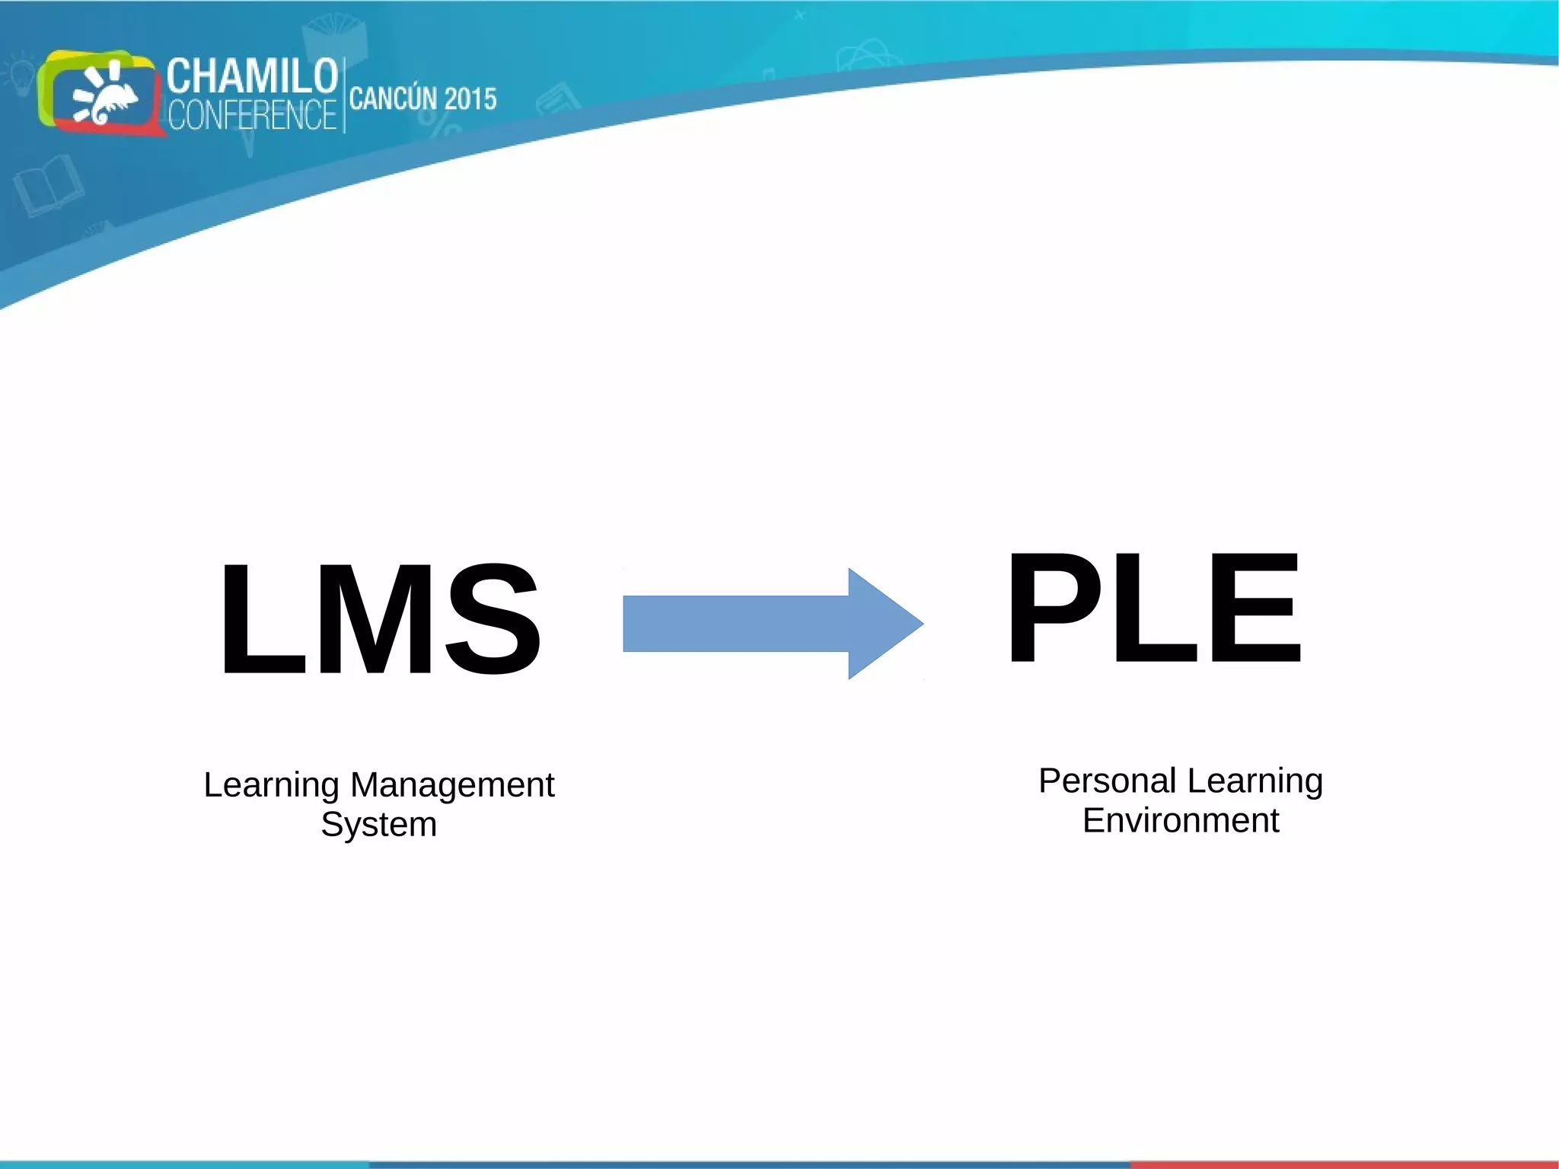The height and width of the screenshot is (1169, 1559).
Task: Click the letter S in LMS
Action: (493, 618)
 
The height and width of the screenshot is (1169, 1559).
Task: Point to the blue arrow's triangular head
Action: (883, 623)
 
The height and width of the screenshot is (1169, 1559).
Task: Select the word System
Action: (378, 824)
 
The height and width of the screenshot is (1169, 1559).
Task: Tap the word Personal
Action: (1108, 781)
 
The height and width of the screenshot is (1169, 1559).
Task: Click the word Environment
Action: (1180, 820)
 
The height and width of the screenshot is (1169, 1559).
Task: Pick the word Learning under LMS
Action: (271, 785)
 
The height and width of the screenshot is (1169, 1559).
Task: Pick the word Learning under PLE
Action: (1255, 781)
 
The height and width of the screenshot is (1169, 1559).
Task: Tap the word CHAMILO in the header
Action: (252, 75)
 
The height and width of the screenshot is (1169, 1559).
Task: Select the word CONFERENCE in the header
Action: (252, 115)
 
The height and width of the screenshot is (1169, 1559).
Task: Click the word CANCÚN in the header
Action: (393, 99)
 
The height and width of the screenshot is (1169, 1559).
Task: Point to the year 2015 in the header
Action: (470, 99)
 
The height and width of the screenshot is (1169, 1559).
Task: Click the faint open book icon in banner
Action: (48, 185)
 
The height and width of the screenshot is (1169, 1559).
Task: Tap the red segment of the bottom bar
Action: (1344, 1164)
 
